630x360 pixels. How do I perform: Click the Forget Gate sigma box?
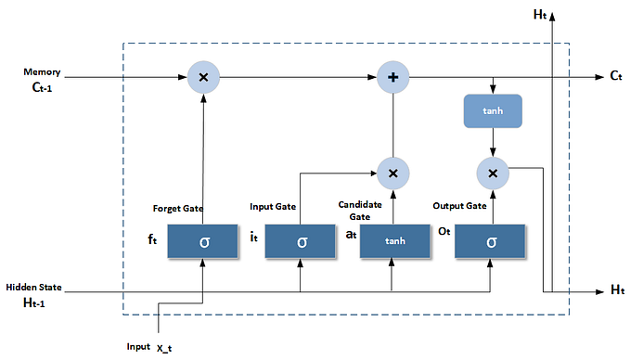(x=203, y=241)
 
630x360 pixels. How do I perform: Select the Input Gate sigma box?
(x=301, y=241)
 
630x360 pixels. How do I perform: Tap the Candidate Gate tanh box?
(x=395, y=241)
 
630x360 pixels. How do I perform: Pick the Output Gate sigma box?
(x=492, y=241)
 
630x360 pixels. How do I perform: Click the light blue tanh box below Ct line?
(x=493, y=111)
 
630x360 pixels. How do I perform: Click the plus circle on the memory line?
(x=393, y=78)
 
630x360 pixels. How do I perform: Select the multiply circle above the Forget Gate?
(x=203, y=78)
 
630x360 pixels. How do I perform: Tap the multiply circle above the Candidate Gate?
(x=393, y=173)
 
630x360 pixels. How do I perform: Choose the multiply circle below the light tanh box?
(x=493, y=173)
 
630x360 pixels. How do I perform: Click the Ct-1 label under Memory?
(x=42, y=89)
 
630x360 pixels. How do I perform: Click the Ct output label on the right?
(x=616, y=78)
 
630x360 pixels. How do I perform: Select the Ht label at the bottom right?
(x=617, y=291)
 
